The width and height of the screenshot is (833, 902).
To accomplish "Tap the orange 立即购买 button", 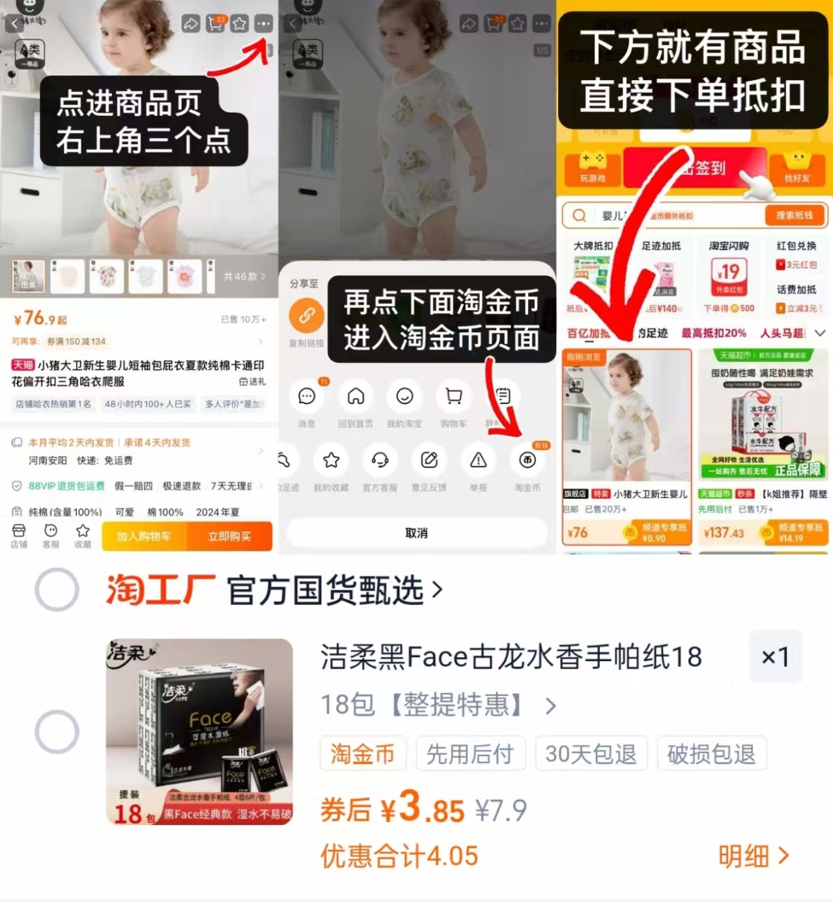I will pos(229,536).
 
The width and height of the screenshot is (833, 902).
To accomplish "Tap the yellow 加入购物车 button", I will pos(144,536).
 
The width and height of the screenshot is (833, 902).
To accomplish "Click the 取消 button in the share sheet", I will pos(417,533).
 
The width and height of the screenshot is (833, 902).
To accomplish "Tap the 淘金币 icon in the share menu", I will pos(528,460).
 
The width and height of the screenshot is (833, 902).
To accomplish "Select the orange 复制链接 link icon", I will pos(307,316).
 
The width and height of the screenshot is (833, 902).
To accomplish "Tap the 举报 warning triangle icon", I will pos(479,460).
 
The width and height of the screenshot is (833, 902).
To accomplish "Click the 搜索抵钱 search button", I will pos(794,215).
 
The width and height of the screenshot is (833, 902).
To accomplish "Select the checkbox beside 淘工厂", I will pos(57,589).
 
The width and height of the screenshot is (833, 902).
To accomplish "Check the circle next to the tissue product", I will pos(57,731).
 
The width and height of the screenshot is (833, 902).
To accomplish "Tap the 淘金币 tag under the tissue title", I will pos(363,754).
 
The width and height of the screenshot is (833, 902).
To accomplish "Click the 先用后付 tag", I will pos(470,754).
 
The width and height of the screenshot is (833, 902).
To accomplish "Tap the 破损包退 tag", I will pos(711,754).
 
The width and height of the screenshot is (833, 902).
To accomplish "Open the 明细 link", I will pos(753,856).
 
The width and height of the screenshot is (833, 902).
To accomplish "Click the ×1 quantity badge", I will pos(775,656).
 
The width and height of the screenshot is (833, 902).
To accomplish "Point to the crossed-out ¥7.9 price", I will pos(500,810).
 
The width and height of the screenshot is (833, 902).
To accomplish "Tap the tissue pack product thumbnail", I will pos(200,731).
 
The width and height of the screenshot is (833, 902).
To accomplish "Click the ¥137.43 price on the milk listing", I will pos(724,533).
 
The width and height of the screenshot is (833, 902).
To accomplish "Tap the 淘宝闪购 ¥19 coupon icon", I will pos(728,275).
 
